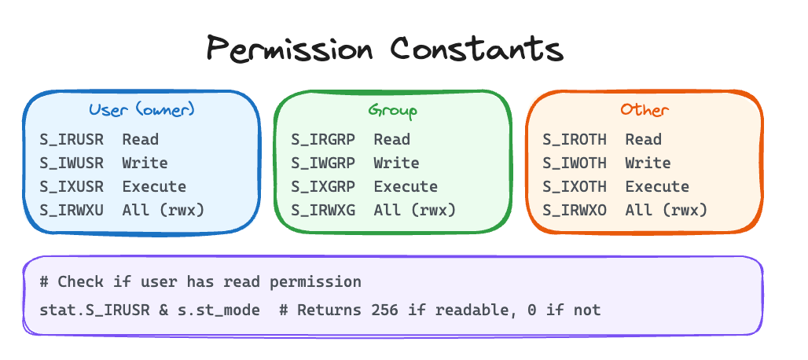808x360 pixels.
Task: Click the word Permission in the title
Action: tap(289, 49)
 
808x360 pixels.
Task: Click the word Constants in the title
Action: tap(476, 49)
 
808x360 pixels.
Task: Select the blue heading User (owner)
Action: tap(141, 110)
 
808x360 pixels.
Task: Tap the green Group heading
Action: tap(393, 111)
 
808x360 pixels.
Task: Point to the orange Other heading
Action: tap(645, 110)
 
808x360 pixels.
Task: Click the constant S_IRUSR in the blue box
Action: tap(72, 140)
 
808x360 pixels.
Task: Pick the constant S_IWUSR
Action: tap(72, 163)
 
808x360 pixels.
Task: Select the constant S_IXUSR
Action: tap(72, 186)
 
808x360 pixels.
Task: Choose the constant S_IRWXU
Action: tap(72, 210)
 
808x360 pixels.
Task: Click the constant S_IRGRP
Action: tap(323, 140)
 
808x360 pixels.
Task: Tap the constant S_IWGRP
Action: tap(323, 163)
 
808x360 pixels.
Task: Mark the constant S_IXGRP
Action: tap(323, 186)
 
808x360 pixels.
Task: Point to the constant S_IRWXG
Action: tap(323, 210)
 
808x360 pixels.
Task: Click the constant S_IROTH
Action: tap(575, 140)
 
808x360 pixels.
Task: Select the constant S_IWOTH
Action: tap(575, 163)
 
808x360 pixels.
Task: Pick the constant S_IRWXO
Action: tap(575, 210)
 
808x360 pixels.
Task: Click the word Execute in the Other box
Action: tap(657, 186)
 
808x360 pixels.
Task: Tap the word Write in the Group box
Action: tap(396, 163)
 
